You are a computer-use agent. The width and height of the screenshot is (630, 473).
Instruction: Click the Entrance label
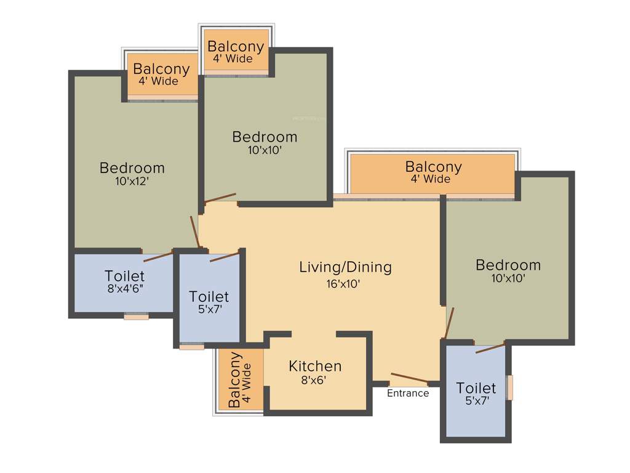408,394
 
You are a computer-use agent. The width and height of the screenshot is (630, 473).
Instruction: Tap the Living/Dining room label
345,267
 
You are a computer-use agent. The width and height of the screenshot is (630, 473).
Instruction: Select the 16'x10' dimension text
343,284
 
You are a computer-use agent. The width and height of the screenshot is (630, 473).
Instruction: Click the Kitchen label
315,366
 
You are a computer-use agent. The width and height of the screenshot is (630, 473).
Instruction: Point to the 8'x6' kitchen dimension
313,381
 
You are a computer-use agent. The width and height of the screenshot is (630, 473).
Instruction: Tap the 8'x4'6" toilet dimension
125,288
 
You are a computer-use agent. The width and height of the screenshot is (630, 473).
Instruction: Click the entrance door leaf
409,378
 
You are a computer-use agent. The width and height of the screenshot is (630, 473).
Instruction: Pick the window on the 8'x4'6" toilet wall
137,317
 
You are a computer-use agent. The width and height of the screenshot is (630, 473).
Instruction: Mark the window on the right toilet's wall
509,387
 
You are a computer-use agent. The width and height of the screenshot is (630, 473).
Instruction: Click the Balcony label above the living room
433,166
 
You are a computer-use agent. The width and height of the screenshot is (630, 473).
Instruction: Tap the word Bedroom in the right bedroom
508,265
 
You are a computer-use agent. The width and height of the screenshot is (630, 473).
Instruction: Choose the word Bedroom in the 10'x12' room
132,168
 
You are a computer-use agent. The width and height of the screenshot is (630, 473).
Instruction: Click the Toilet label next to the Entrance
476,388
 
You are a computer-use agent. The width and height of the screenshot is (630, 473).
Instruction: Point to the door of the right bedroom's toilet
490,349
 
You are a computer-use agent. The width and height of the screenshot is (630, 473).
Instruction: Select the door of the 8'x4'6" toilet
158,257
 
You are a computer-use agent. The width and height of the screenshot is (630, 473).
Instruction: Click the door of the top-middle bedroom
220,198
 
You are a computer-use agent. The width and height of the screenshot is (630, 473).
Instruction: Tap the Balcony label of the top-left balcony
161,69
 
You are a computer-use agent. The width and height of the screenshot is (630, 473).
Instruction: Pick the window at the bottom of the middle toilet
192,347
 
